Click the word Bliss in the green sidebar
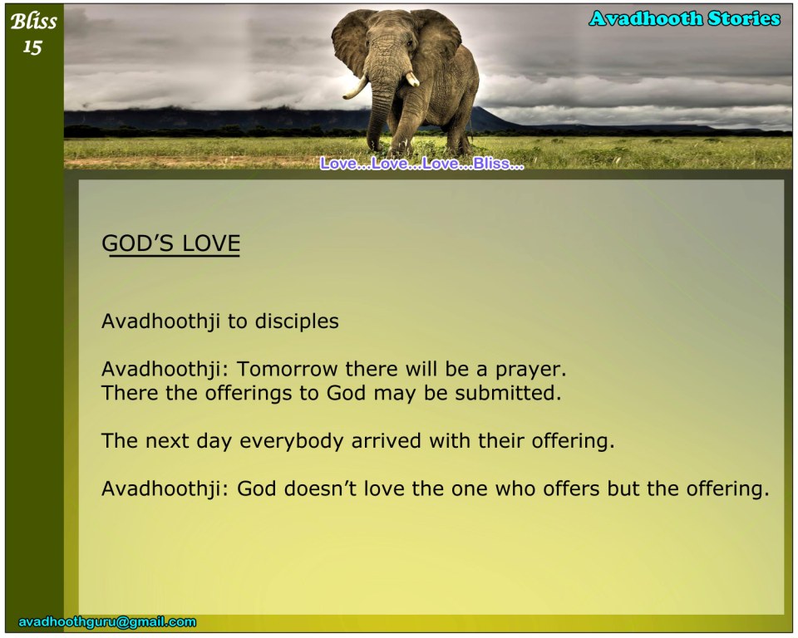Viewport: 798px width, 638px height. pyautogui.click(x=33, y=22)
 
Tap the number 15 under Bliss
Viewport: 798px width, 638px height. pyautogui.click(x=32, y=47)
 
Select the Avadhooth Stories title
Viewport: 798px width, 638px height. pyautogui.click(x=684, y=19)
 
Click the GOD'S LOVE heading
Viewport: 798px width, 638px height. pyautogui.click(x=171, y=243)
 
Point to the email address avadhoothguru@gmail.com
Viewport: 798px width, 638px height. pyautogui.click(x=107, y=621)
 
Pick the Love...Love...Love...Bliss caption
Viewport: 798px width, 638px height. pyautogui.click(x=422, y=164)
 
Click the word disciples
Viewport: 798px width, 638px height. pyautogui.click(x=297, y=321)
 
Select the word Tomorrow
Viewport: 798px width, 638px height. pyautogui.click(x=287, y=369)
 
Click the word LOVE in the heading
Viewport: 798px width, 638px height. pyautogui.click(x=211, y=243)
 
